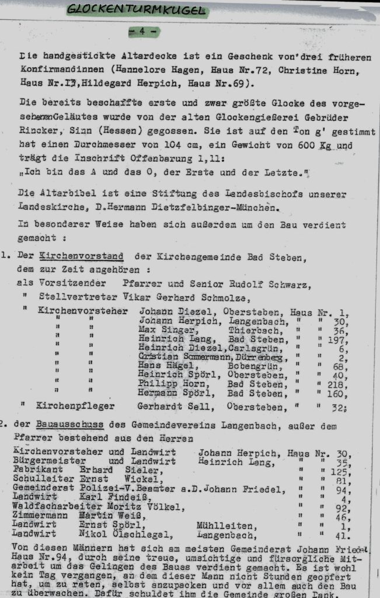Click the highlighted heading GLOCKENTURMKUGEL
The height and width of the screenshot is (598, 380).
pos(137,9)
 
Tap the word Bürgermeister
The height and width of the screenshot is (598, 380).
pos(46,462)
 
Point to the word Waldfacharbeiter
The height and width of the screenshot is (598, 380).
pos(48,507)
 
